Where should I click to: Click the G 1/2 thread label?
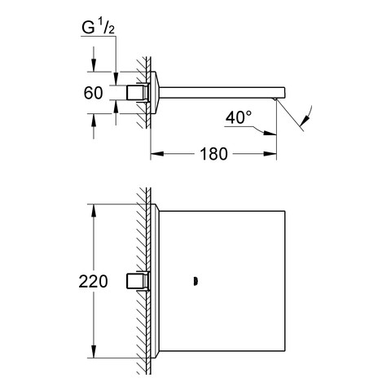coord(98,28)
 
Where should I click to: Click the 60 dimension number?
coord(93,93)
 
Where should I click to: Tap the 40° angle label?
coord(239,117)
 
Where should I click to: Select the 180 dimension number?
coord(213,154)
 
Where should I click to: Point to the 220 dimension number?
coord(93,281)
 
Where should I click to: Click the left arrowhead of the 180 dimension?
coord(157,154)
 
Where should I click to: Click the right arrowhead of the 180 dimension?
coord(270,154)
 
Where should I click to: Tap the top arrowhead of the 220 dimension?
coord(94,210)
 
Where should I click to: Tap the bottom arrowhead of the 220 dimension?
coord(94,351)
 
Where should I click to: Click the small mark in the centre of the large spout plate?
coord(195,281)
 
